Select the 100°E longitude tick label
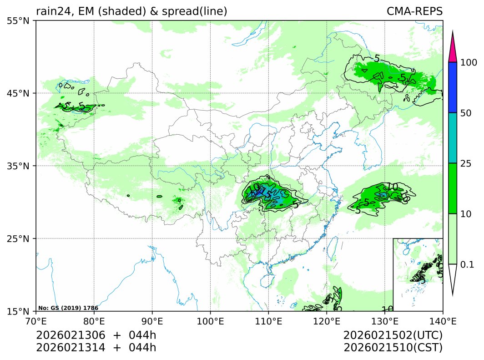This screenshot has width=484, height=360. [210, 320]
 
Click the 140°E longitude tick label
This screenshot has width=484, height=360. [443, 320]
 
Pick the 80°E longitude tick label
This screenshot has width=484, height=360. [94, 320]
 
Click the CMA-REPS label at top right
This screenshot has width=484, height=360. [414, 11]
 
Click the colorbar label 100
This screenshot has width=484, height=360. [468, 62]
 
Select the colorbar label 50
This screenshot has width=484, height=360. [465, 113]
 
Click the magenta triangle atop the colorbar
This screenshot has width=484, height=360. [452, 49]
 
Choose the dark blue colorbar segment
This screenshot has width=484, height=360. [452, 87]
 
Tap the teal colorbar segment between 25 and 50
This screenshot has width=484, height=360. [452, 138]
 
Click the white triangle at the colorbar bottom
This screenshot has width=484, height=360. [452, 278]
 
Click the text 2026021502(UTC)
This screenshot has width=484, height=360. [393, 335]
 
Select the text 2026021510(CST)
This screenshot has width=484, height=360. [393, 348]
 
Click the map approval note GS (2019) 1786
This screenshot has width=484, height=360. [68, 308]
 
